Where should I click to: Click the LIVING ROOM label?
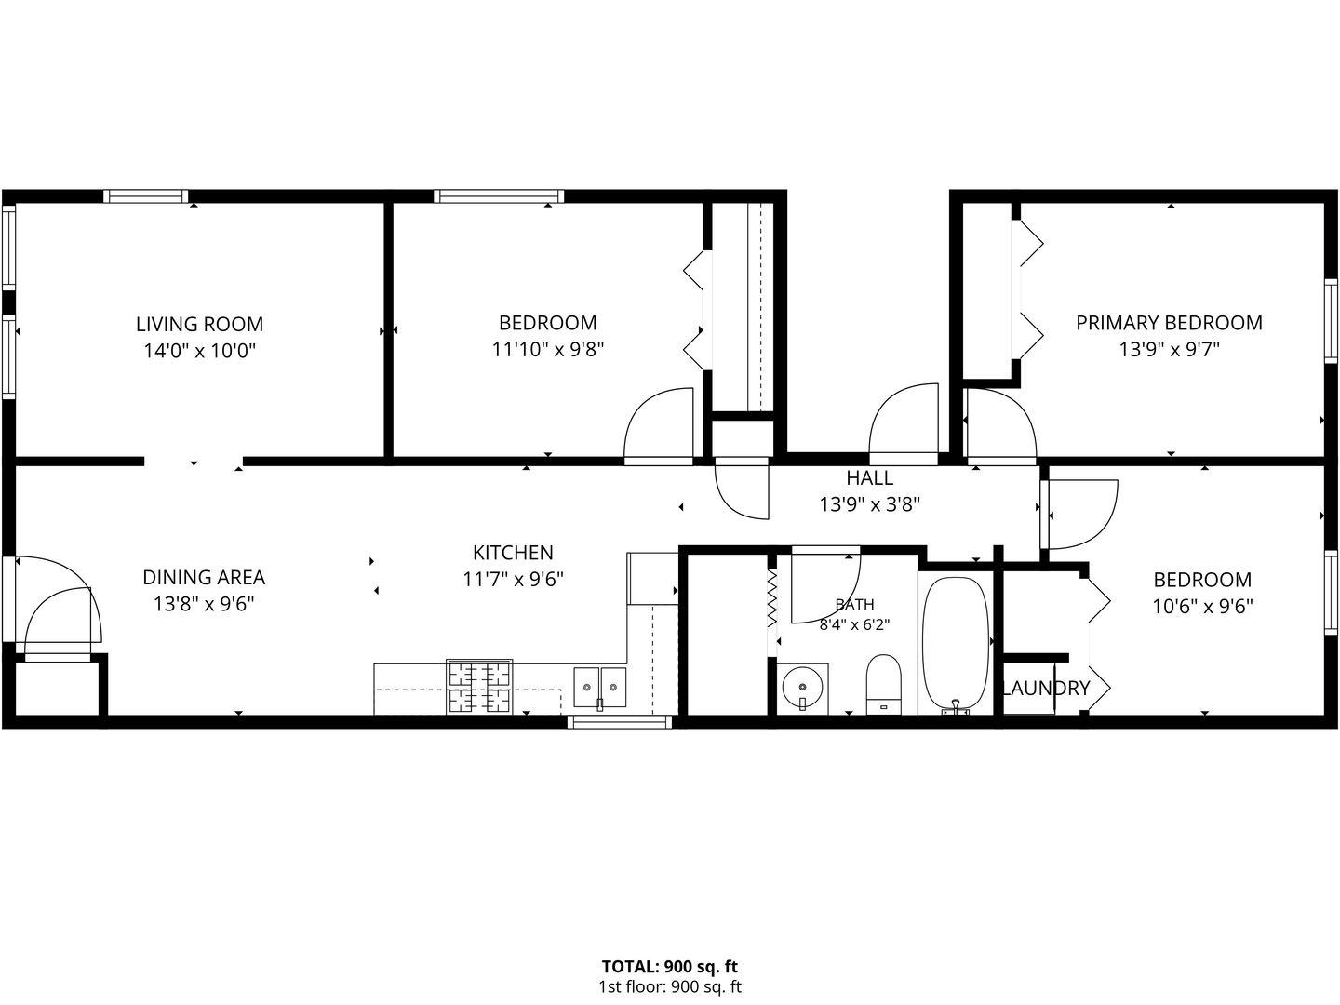(x=200, y=324)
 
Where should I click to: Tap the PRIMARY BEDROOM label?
(x=1169, y=323)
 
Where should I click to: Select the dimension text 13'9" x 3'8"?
(x=869, y=504)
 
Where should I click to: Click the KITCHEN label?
(x=513, y=552)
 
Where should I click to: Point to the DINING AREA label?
(x=204, y=577)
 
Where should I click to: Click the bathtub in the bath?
(x=956, y=645)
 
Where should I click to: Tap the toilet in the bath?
(x=883, y=684)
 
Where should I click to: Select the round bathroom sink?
(x=802, y=689)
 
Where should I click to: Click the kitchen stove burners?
(x=479, y=687)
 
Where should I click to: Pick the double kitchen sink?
(x=599, y=688)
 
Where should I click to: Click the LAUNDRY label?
(x=1046, y=689)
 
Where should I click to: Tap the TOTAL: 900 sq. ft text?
(x=670, y=967)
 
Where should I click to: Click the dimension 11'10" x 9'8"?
(x=547, y=350)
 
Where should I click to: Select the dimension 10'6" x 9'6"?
(x=1202, y=607)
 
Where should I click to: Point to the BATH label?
(x=854, y=604)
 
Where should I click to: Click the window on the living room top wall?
(x=145, y=195)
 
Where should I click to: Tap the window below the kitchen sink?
(x=620, y=722)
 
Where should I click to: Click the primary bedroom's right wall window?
(x=1331, y=321)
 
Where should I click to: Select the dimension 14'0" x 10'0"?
(x=200, y=351)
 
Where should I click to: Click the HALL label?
(x=869, y=477)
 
